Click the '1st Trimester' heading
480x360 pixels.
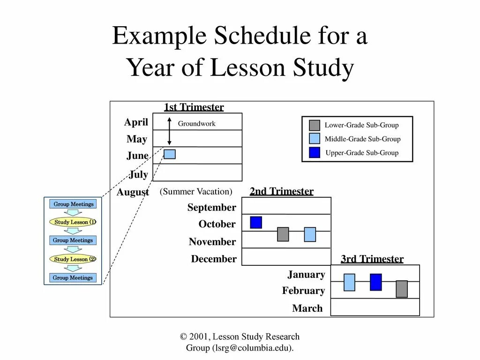194,107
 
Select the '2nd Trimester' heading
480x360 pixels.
281,191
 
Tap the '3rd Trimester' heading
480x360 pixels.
372,259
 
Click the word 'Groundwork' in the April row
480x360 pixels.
196,124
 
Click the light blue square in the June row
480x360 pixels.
170,154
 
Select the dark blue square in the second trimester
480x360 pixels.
256,222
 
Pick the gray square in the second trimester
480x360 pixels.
283,234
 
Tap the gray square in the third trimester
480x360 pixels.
402,289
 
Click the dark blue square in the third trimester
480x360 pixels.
375,282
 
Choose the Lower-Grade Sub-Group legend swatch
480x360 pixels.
315,125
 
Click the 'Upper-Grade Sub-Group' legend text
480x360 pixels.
362,153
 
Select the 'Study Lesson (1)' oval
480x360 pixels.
73,222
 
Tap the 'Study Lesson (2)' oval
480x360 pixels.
73,259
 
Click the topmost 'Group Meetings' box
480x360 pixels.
73,204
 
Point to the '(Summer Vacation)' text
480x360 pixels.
196,192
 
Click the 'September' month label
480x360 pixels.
212,208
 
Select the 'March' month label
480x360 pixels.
307,308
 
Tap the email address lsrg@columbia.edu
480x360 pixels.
253,348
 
